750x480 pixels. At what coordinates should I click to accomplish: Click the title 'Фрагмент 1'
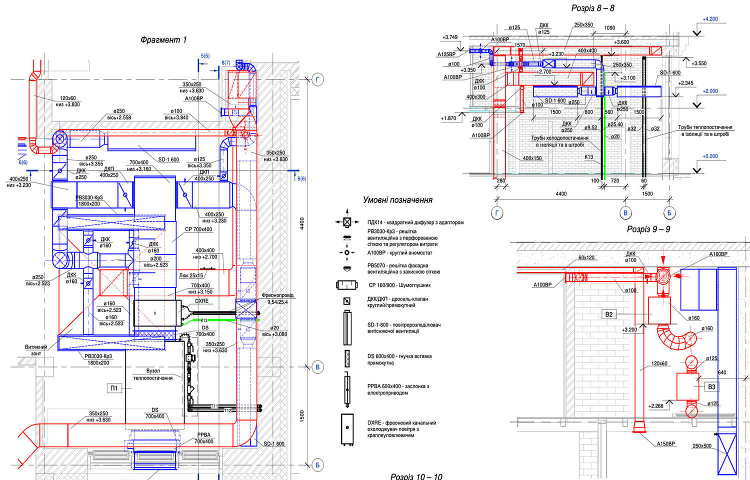click(163, 40)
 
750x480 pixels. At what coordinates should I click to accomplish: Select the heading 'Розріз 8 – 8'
click(592, 8)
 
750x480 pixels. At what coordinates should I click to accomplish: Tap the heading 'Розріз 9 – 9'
click(648, 229)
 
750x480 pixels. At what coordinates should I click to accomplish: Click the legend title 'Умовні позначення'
click(397, 200)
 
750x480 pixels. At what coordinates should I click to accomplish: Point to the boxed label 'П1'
click(114, 388)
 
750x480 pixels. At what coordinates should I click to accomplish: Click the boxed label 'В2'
click(608, 314)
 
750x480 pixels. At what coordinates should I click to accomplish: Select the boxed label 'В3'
click(711, 386)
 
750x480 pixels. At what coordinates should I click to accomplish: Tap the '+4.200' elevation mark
click(710, 19)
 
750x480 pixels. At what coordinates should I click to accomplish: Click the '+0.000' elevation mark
click(710, 156)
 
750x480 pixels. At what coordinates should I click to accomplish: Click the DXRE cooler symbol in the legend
click(347, 428)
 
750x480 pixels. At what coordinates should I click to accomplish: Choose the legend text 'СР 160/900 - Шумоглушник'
click(399, 285)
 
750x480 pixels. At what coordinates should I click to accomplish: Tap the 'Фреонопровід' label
click(277, 295)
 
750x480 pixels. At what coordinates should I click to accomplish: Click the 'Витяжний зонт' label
click(36, 350)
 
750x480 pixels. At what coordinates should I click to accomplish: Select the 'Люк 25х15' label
click(191, 275)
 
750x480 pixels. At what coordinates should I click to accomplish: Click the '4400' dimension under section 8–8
click(561, 194)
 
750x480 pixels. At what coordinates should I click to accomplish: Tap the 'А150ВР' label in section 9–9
click(665, 444)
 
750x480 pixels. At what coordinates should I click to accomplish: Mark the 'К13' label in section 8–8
click(588, 157)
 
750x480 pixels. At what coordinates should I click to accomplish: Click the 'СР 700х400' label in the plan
click(198, 229)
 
